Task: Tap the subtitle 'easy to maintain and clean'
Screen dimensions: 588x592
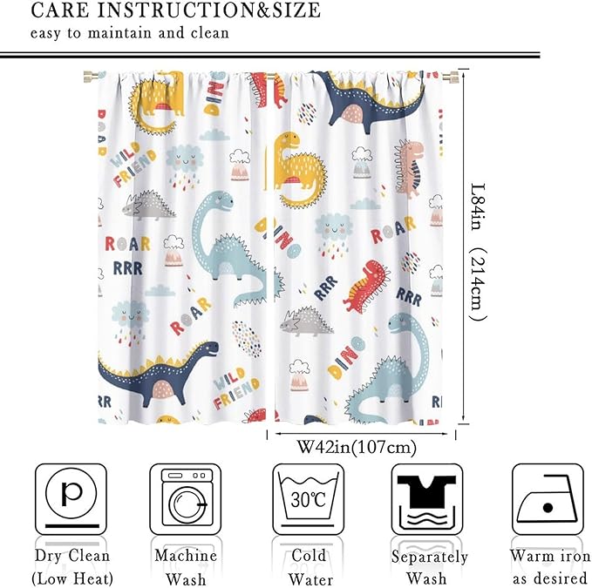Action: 130,34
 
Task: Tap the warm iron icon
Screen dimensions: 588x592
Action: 547,498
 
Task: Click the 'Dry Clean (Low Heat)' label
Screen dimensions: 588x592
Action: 71,566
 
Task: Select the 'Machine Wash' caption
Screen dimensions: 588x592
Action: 185,566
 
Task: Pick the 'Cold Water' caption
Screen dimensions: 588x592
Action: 309,566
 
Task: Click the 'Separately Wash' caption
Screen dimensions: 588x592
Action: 429,566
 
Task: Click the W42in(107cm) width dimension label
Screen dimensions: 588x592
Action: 357,448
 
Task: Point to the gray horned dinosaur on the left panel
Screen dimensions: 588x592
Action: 147,206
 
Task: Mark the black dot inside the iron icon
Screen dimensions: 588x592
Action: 548,507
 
